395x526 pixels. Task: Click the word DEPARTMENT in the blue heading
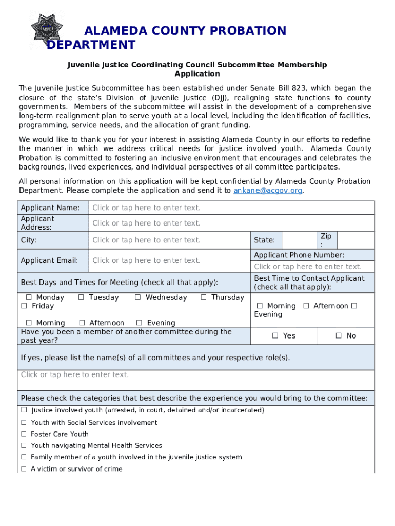point(91,45)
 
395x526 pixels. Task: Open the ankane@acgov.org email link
point(268,190)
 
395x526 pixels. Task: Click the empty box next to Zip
point(355,240)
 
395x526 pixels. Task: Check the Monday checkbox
point(29,297)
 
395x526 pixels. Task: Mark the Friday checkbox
point(24,306)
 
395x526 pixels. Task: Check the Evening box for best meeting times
point(139,323)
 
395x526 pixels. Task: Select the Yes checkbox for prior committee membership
point(275,335)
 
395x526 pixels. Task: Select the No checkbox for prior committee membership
point(339,335)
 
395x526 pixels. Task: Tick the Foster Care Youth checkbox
point(24,434)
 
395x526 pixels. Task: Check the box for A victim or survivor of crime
point(24,469)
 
